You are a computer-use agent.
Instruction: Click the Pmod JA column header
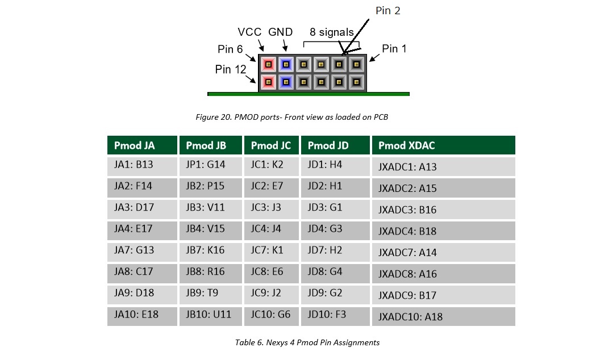[x=141, y=145]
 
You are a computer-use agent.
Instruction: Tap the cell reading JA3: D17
[x=141, y=208]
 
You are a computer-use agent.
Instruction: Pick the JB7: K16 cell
[x=210, y=250]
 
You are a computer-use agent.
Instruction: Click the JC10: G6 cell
[x=271, y=315]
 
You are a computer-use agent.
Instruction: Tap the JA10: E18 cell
[x=141, y=315]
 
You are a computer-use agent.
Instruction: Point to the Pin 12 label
[x=231, y=69]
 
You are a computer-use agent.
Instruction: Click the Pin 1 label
[x=394, y=49]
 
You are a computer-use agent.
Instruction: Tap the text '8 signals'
[x=331, y=32]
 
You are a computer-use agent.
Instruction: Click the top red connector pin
[x=269, y=64]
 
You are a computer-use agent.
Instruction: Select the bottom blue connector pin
[x=286, y=82]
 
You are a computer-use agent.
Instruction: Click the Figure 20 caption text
[x=292, y=118]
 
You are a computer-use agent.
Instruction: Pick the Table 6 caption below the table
[x=307, y=342]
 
